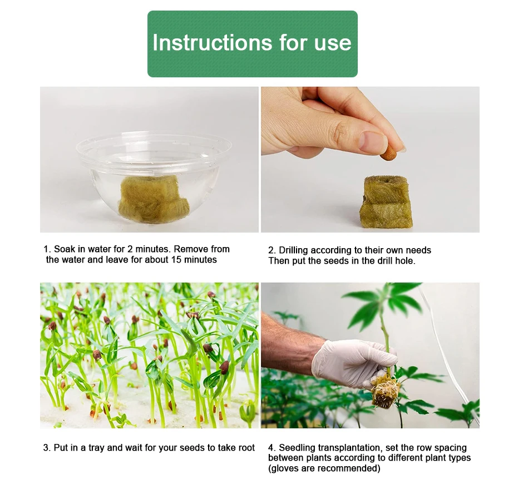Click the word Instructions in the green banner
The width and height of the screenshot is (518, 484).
(213, 43)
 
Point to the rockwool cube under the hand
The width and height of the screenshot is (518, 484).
(386, 202)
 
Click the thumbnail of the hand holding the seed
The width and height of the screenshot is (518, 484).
(370, 160)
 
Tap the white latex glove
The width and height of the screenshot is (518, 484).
(352, 363)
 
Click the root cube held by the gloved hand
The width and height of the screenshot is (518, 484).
(384, 392)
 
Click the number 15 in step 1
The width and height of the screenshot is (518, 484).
(176, 260)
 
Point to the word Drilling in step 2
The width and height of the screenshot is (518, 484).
(293, 250)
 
